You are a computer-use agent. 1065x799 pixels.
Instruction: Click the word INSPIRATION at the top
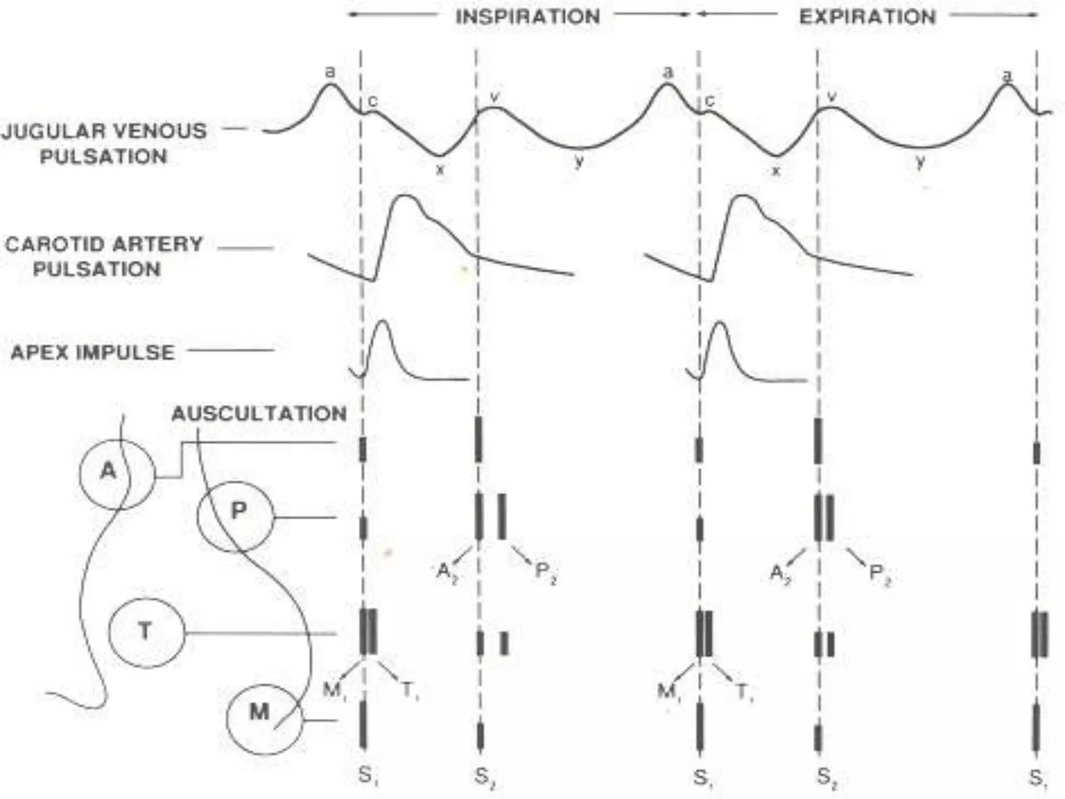(527, 17)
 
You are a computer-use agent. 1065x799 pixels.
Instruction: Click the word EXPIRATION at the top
(867, 17)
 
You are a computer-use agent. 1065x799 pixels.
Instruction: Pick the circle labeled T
(146, 632)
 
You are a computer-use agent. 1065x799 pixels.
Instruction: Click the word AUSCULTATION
(259, 414)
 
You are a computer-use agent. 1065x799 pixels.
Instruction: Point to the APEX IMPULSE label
(93, 352)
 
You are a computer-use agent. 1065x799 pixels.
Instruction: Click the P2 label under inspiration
(545, 573)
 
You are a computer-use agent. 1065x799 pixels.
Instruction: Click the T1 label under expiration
(745, 691)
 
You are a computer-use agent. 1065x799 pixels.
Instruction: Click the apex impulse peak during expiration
(720, 323)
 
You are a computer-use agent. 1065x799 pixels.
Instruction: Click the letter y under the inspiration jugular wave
(579, 162)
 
